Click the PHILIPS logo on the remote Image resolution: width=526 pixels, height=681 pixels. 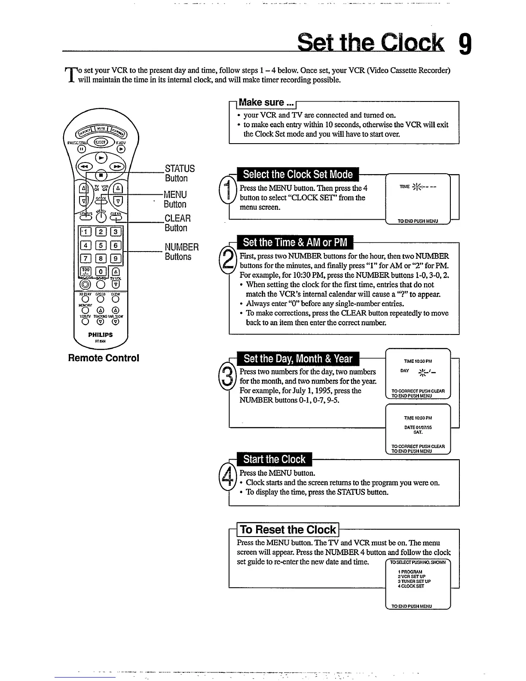coord(100,334)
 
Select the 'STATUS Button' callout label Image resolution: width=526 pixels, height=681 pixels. coord(179,173)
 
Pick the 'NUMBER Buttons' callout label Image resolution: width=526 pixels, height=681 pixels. coord(181,252)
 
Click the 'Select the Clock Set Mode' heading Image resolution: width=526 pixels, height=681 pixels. coord(297,175)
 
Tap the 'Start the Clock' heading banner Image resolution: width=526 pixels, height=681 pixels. coord(274,459)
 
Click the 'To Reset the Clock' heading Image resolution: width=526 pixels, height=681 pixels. coord(287,529)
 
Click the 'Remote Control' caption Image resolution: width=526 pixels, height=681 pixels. coord(104,358)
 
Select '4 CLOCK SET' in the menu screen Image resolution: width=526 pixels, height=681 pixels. coord(411,586)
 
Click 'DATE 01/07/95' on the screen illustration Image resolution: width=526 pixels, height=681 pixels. coord(418,427)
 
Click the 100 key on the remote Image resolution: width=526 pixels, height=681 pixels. coord(86,271)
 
